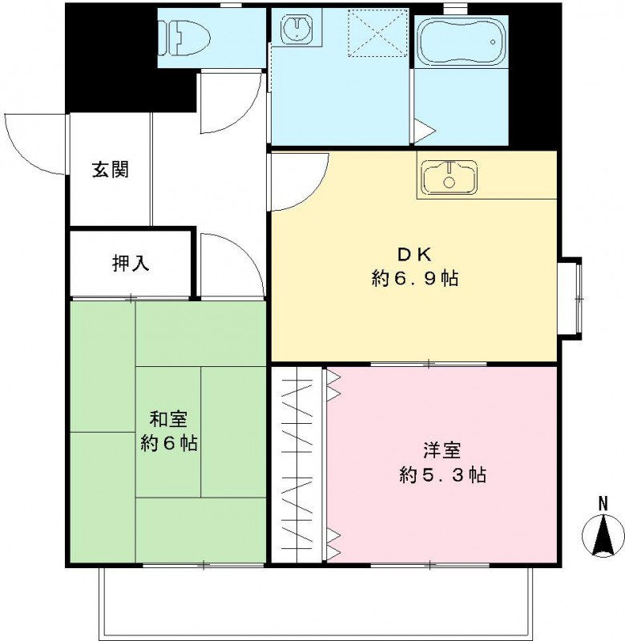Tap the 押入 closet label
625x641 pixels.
131,262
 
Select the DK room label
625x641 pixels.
414,256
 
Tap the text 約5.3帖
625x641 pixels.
442,474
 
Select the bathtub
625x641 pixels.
461,40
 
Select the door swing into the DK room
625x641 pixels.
298,180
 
